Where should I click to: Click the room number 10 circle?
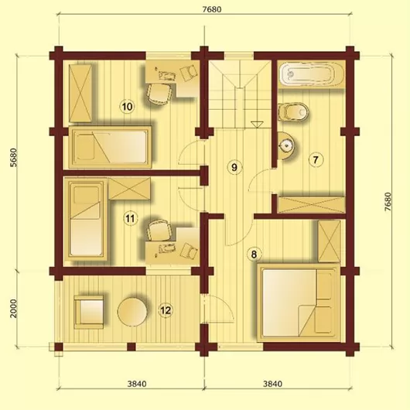pyautogui.click(x=127, y=107)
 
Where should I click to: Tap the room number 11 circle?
pyautogui.click(x=130, y=218)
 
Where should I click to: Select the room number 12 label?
pyautogui.click(x=166, y=310)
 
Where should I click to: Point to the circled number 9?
pyautogui.click(x=234, y=167)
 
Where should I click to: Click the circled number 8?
pyautogui.click(x=254, y=254)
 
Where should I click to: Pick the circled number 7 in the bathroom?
pyautogui.click(x=316, y=159)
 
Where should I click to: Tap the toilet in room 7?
pyautogui.click(x=293, y=112)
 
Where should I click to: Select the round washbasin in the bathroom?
pyautogui.click(x=285, y=145)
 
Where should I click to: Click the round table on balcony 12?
pyautogui.click(x=132, y=312)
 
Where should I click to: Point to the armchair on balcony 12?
pyautogui.click(x=89, y=312)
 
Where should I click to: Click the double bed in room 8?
pyautogui.click(x=299, y=302)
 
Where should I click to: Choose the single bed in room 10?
pyautogui.click(x=110, y=147)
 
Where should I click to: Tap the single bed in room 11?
pyautogui.click(x=87, y=220)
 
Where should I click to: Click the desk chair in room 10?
pyautogui.click(x=160, y=94)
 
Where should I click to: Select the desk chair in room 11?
pyautogui.click(x=160, y=230)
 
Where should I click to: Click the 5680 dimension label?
pyautogui.click(x=13, y=157)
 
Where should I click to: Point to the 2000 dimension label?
pyautogui.click(x=13, y=309)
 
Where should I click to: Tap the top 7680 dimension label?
pyautogui.click(x=212, y=9)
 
